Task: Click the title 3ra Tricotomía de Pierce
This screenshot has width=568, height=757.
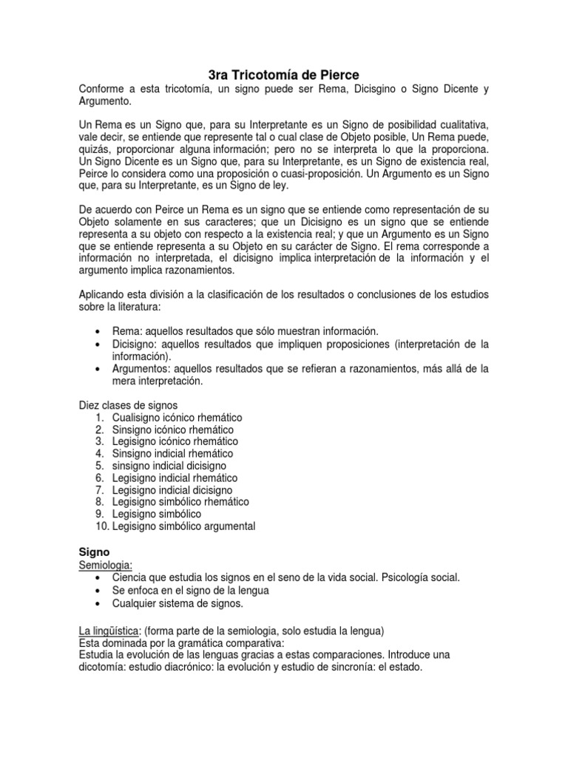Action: pyautogui.click(x=283, y=75)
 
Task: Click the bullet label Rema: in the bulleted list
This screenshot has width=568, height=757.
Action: pyautogui.click(x=127, y=331)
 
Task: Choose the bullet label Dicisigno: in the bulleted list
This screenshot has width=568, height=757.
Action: pyautogui.click(x=137, y=344)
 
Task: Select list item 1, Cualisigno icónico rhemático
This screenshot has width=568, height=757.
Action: pyautogui.click(x=177, y=418)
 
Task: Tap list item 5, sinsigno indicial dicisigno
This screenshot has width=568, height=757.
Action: pyautogui.click(x=169, y=466)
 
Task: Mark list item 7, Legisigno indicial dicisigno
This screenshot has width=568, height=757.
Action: pyautogui.click(x=172, y=490)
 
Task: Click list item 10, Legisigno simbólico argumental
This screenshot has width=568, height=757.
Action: pyautogui.click(x=183, y=526)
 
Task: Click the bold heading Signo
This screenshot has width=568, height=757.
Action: pyautogui.click(x=94, y=551)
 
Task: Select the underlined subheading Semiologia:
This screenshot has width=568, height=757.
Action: pyautogui.click(x=105, y=565)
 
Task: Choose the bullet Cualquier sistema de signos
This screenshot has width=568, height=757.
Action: pyautogui.click(x=177, y=603)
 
